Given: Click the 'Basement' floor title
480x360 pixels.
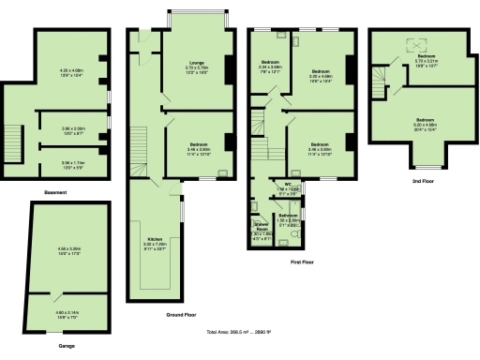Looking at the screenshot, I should [54, 193].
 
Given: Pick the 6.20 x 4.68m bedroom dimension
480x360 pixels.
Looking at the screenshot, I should [426, 123].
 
